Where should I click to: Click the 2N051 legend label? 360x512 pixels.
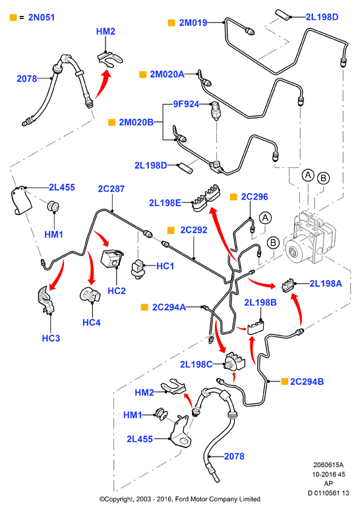click(42, 17)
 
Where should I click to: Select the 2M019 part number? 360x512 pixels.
click(193, 22)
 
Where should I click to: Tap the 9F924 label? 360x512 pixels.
click(186, 104)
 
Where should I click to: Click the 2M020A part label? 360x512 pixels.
click(167, 74)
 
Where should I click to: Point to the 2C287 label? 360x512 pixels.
click(111, 188)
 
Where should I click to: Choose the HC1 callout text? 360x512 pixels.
click(165, 266)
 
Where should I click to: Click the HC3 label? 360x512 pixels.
click(51, 338)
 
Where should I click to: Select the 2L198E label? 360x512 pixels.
click(165, 203)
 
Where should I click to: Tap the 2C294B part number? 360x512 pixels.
click(307, 382)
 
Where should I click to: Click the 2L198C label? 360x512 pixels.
click(196, 364)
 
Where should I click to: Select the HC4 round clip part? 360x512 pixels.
click(90, 295)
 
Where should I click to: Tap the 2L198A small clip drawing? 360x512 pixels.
click(288, 285)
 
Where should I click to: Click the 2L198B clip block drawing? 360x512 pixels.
click(256, 327)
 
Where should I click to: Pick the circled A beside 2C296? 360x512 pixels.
click(265, 217)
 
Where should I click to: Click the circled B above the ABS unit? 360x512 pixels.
click(324, 178)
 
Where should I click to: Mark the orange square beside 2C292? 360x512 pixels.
click(171, 230)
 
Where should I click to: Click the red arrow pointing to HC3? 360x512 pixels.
click(57, 276)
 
